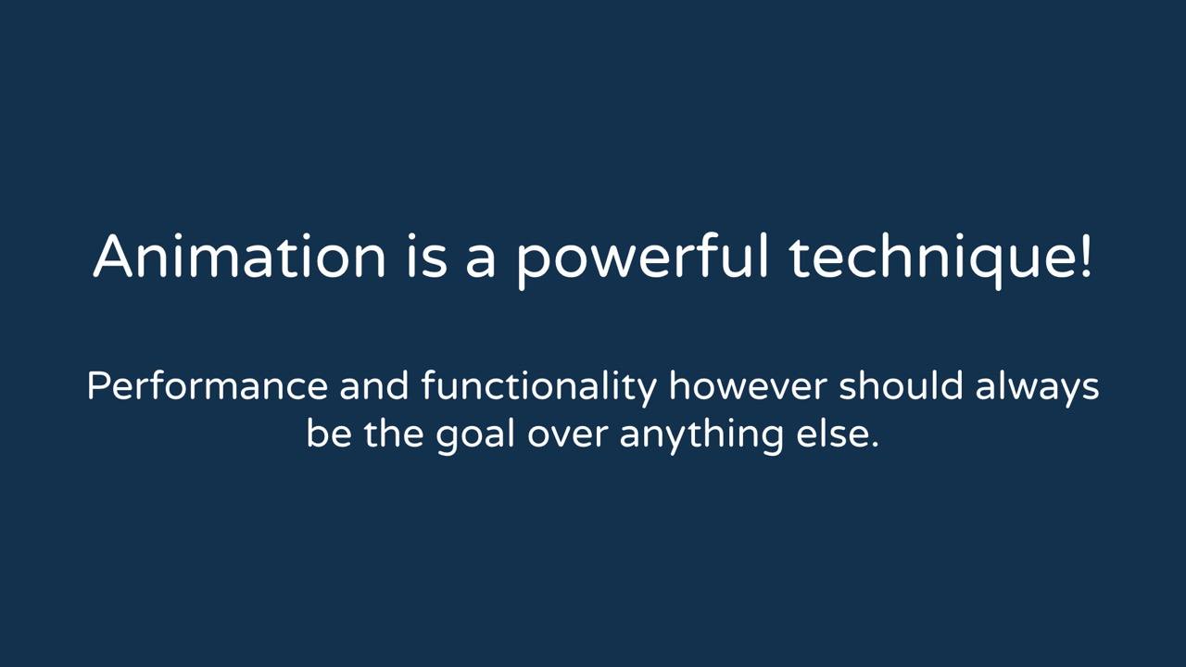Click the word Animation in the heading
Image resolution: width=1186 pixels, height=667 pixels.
[239, 257]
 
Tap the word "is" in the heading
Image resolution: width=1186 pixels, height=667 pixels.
[427, 257]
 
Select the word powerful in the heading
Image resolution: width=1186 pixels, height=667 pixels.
[642, 261]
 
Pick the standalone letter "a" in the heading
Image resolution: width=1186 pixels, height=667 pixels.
[480, 261]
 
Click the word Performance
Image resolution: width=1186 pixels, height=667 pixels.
[208, 385]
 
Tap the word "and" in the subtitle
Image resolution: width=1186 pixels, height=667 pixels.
[374, 385]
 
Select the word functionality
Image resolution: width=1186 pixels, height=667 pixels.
[539, 388]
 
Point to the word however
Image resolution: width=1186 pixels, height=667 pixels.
[748, 385]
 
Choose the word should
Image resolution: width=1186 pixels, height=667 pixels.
[901, 385]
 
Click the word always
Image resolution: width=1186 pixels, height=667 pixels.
[1037, 388]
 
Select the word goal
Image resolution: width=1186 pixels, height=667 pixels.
[475, 436]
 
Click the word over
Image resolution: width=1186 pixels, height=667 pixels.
[567, 437]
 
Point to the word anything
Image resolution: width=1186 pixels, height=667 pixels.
[701, 436]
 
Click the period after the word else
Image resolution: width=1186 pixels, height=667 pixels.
[874, 444]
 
